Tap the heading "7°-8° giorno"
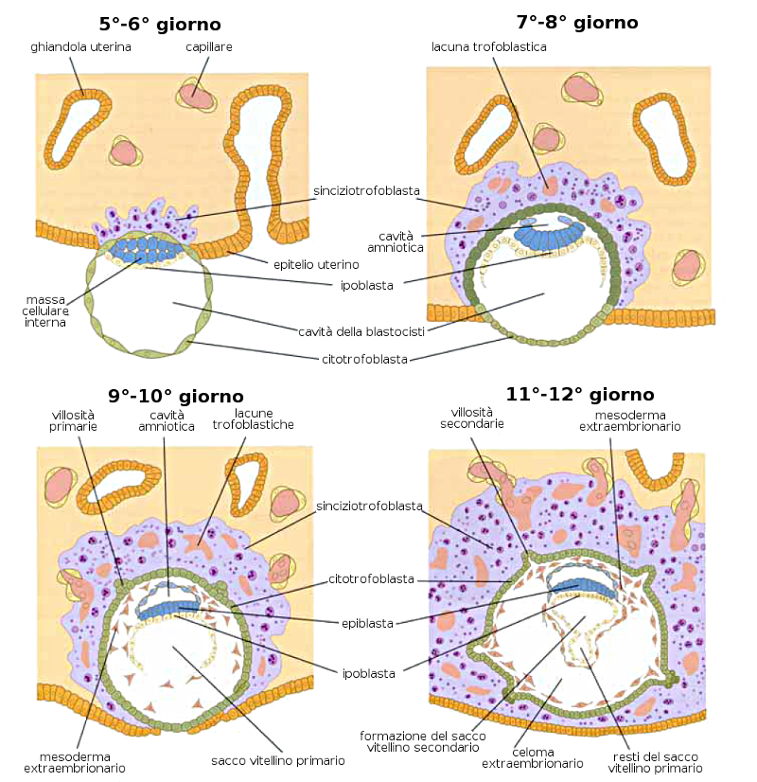pyautogui.click(x=576, y=22)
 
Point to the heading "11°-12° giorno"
pyautogui.click(x=580, y=394)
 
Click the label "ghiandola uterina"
pyautogui.click(x=80, y=45)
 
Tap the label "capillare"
pyautogui.click(x=209, y=45)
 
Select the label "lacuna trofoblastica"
pyautogui.click(x=488, y=45)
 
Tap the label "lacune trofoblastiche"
pyautogui.click(x=253, y=420)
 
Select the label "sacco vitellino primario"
pyautogui.click(x=278, y=759)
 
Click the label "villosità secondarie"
pyautogui.click(x=471, y=418)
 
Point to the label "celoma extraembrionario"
pyautogui.click(x=532, y=756)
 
